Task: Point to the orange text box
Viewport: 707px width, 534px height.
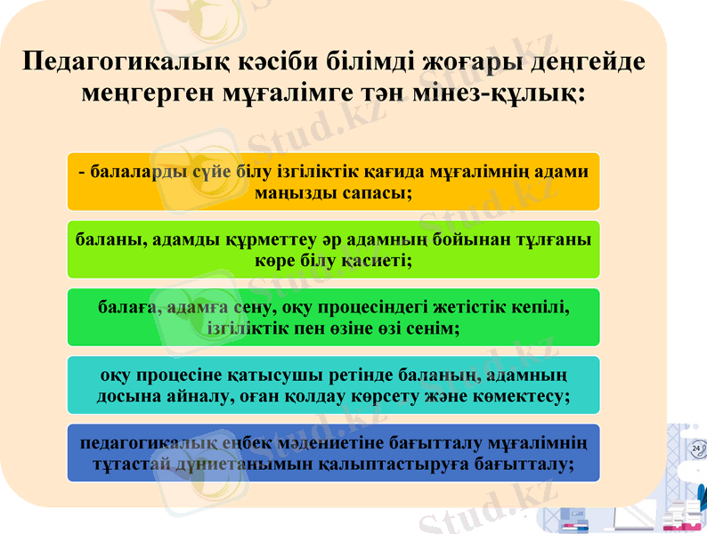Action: [x=333, y=182]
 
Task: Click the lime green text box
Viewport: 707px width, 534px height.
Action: [x=333, y=249]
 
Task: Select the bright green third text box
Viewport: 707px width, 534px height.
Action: [x=333, y=318]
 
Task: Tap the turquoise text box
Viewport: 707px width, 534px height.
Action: [x=333, y=385]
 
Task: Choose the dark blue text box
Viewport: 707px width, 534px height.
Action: [x=333, y=453]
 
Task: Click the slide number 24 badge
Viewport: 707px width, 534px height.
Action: [x=695, y=449]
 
